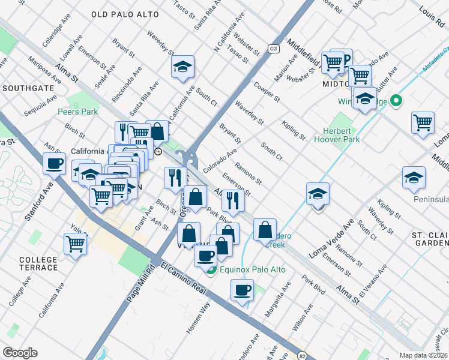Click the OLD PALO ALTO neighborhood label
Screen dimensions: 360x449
[x=125, y=14]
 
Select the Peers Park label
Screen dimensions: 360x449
[x=77, y=112]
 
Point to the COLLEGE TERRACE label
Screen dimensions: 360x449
[x=38, y=263]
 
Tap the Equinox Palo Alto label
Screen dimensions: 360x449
[x=253, y=269]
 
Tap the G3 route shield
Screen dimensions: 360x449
[x=274, y=48]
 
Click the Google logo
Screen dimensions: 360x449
[x=20, y=353]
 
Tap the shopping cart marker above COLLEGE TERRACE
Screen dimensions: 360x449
[x=76, y=243]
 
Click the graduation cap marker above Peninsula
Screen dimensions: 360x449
[x=414, y=177]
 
